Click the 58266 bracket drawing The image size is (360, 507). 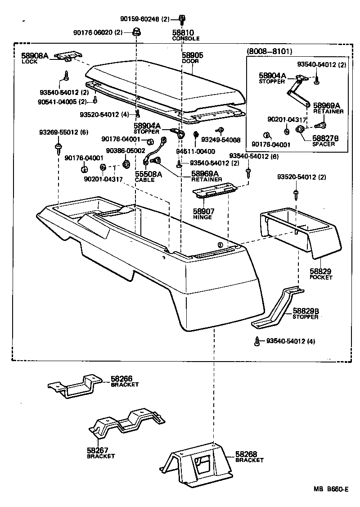coord(77,386)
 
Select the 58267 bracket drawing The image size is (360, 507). coord(127,424)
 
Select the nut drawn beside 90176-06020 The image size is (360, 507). coord(136,32)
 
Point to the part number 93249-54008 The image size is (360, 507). coord(221,140)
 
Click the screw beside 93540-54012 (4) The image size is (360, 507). coord(257,342)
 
